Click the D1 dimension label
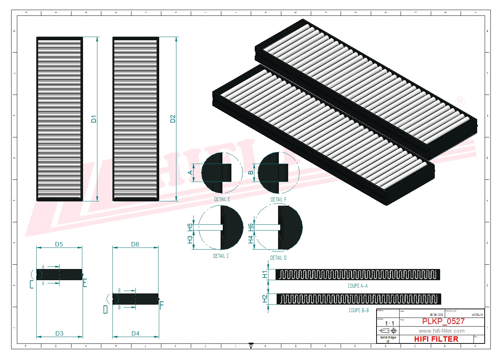[94, 119]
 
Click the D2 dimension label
[173, 119]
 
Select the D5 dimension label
[59, 245]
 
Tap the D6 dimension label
[135, 245]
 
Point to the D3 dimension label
[59, 334]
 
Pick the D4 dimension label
[135, 334]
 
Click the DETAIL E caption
[222, 199]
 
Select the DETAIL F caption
[278, 200]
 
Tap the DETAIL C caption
[221, 256]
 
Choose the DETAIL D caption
[278, 258]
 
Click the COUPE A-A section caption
[357, 286]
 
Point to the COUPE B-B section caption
[359, 310]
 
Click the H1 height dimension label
[265, 275]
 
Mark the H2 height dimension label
[265, 299]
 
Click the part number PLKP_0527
[443, 322]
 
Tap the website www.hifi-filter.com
[442, 331]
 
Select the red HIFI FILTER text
[436, 339]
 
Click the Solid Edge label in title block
[388, 338]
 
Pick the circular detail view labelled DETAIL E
[222, 173]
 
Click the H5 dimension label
[190, 227]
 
